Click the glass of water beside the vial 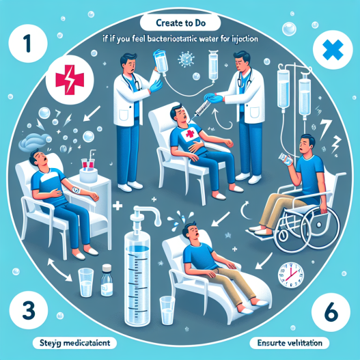point(86,281)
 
